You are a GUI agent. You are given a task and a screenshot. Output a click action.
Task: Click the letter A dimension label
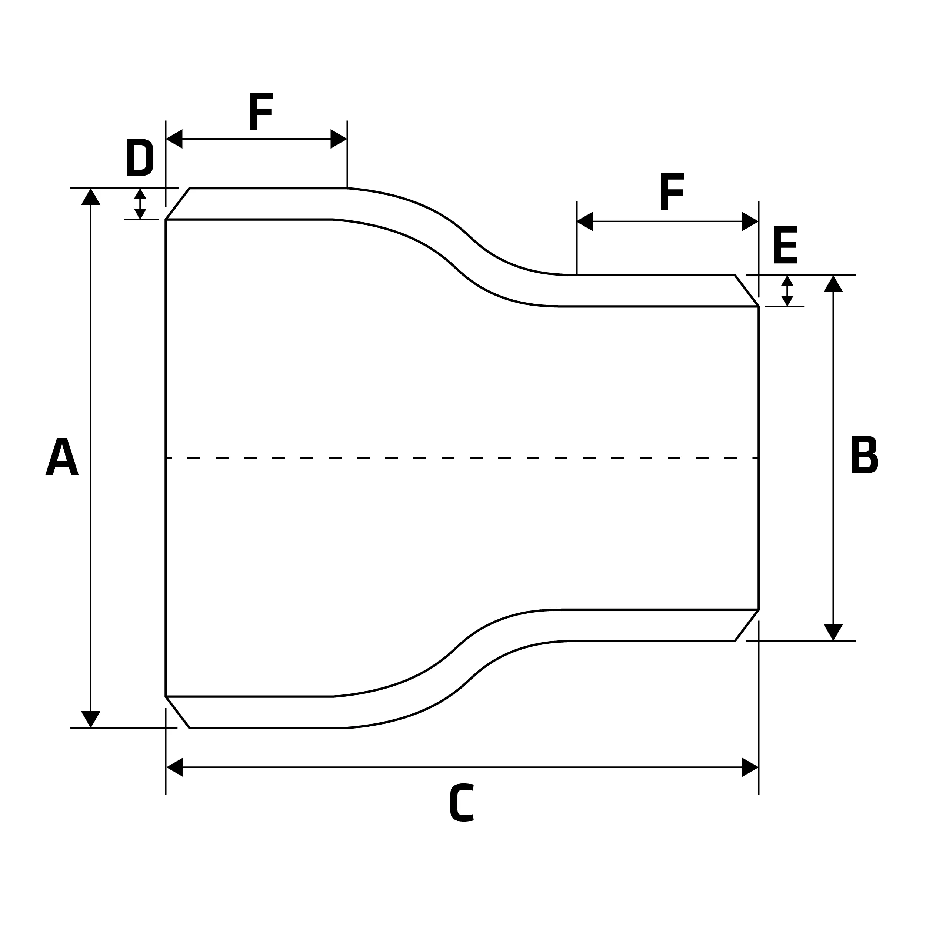(x=62, y=456)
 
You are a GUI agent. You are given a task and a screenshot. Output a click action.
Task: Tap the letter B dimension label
(x=865, y=454)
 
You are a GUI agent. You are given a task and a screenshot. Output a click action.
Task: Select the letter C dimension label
(x=462, y=802)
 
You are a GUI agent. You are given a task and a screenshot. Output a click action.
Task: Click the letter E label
(x=785, y=245)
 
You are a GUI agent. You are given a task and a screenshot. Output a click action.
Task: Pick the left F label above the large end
(x=261, y=111)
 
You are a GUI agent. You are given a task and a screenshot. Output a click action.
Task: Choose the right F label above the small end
(x=672, y=192)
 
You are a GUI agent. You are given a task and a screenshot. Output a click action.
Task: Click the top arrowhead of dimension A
(x=91, y=197)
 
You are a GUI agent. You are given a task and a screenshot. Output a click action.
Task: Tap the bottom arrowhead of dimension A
(x=91, y=719)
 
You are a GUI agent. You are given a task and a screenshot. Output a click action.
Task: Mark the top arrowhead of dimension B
(x=833, y=284)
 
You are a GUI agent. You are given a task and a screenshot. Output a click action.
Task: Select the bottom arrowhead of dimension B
(x=833, y=632)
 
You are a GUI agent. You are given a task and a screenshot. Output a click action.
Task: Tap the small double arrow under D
(x=140, y=204)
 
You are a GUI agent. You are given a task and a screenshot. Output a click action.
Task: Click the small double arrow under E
(x=787, y=291)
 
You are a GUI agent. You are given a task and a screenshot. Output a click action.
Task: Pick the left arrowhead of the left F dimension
(x=174, y=139)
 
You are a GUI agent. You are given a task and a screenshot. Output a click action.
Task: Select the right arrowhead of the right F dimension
(x=750, y=221)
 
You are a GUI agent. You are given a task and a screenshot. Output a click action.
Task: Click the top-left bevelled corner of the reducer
(x=178, y=204)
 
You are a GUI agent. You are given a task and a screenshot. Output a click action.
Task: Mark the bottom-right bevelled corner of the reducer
(x=747, y=625)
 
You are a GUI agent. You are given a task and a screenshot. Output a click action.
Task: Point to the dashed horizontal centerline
(x=462, y=458)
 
